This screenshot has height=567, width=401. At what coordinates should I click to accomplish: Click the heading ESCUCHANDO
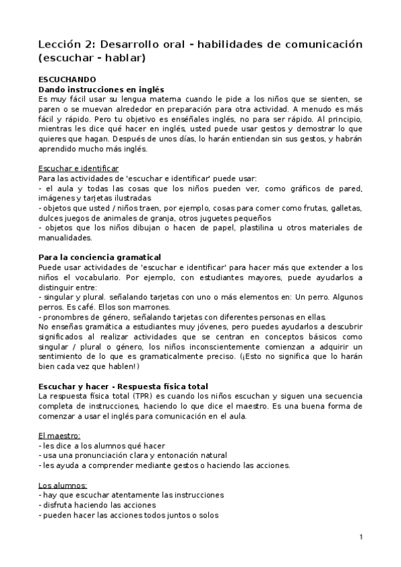click(x=67, y=79)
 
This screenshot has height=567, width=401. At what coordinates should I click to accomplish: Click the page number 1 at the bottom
click(x=360, y=537)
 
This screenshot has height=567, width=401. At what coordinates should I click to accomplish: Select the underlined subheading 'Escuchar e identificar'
click(x=78, y=168)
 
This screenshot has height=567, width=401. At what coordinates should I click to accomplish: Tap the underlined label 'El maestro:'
click(x=60, y=435)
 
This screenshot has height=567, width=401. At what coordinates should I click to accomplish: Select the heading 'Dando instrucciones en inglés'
click(x=102, y=89)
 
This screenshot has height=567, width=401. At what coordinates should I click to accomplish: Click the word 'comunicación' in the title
click(x=319, y=44)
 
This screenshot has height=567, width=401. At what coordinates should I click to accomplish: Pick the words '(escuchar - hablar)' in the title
click(x=92, y=58)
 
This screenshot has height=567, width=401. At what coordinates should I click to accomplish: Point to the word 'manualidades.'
click(x=67, y=237)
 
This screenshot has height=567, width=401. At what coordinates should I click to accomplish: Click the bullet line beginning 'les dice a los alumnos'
click(x=102, y=445)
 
